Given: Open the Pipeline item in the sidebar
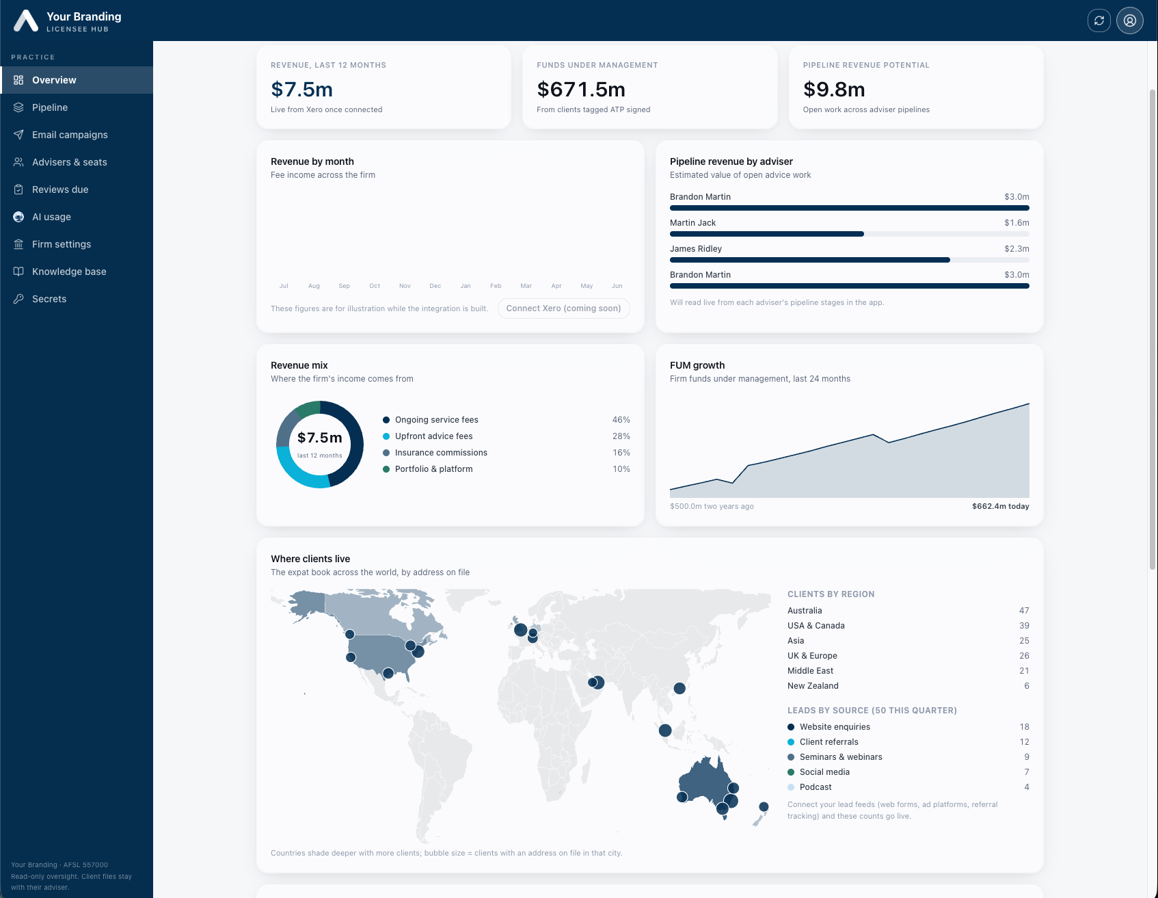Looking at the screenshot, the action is click(50, 107).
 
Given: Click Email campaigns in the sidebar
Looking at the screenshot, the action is click(70, 135).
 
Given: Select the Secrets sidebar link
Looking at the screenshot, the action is click(49, 299).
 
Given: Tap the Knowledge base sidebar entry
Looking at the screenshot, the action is click(69, 272).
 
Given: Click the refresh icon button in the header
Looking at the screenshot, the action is click(1099, 21).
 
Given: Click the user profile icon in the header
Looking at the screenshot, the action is click(1130, 21).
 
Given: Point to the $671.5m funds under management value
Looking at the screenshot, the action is click(581, 90).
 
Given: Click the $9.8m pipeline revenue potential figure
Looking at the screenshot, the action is click(834, 90).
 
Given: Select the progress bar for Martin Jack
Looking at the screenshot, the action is click(850, 234).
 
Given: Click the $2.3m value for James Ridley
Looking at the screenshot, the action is click(1016, 249).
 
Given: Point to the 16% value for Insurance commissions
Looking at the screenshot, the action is click(621, 453).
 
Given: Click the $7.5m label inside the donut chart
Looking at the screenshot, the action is click(320, 438).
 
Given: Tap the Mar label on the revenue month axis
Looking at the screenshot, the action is click(526, 286).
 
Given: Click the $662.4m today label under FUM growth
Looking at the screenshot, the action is click(1000, 506).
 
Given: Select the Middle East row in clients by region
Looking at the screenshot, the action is click(908, 671).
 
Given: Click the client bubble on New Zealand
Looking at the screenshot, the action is click(764, 807).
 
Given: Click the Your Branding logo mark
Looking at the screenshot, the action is click(26, 21).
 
